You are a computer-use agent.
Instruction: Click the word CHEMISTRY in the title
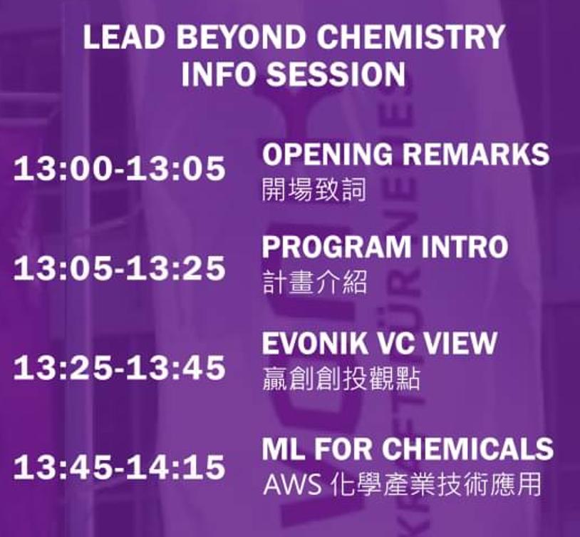click(411, 36)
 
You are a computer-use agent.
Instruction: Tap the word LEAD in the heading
click(124, 36)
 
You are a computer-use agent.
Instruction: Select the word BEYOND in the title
click(241, 36)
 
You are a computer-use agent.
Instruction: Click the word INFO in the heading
click(219, 73)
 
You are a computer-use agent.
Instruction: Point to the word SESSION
click(336, 73)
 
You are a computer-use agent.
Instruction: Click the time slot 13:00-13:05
click(120, 168)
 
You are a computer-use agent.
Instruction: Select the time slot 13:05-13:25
click(120, 268)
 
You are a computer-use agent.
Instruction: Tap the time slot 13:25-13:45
click(120, 367)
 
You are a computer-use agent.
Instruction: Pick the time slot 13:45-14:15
click(120, 467)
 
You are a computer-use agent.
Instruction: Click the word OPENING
click(327, 154)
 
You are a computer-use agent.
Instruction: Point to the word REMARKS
click(476, 154)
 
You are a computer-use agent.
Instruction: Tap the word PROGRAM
click(336, 247)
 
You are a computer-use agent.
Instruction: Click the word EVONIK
click(314, 343)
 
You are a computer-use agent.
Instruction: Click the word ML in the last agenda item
click(283, 449)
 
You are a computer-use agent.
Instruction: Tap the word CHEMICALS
click(468, 449)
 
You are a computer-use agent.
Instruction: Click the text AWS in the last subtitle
click(292, 484)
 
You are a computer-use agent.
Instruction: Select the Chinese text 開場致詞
click(314, 189)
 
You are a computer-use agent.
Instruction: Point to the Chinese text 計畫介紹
click(315, 282)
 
